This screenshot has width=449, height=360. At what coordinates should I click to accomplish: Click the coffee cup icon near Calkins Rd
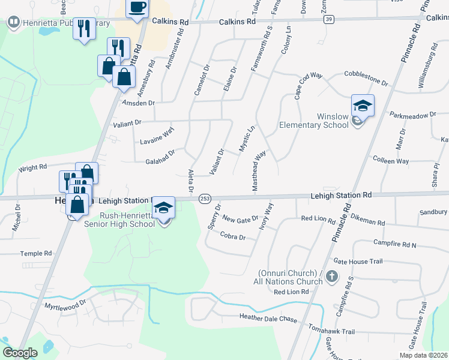pyautogui.click(x=137, y=8)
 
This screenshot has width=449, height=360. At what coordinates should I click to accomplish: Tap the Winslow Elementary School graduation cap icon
pyautogui.click(x=363, y=106)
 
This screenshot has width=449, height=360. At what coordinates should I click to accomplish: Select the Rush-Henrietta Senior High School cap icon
pyautogui.click(x=163, y=208)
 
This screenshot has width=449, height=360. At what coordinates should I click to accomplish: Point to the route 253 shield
pyautogui.click(x=205, y=198)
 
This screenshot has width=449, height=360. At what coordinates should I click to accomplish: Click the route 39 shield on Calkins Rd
pyautogui.click(x=328, y=20)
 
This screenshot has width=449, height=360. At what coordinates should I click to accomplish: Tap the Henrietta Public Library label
pyautogui.click(x=60, y=23)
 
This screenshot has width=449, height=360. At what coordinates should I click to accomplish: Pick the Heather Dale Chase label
pyautogui.click(x=268, y=319)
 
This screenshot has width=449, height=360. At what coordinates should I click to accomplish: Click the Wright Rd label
pyautogui.click(x=32, y=167)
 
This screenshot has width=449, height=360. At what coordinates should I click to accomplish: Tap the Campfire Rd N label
pyautogui.click(x=394, y=245)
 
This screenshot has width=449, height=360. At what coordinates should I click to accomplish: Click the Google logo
pyautogui.click(x=20, y=353)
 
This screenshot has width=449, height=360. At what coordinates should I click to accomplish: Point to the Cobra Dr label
pyautogui.click(x=234, y=237)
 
